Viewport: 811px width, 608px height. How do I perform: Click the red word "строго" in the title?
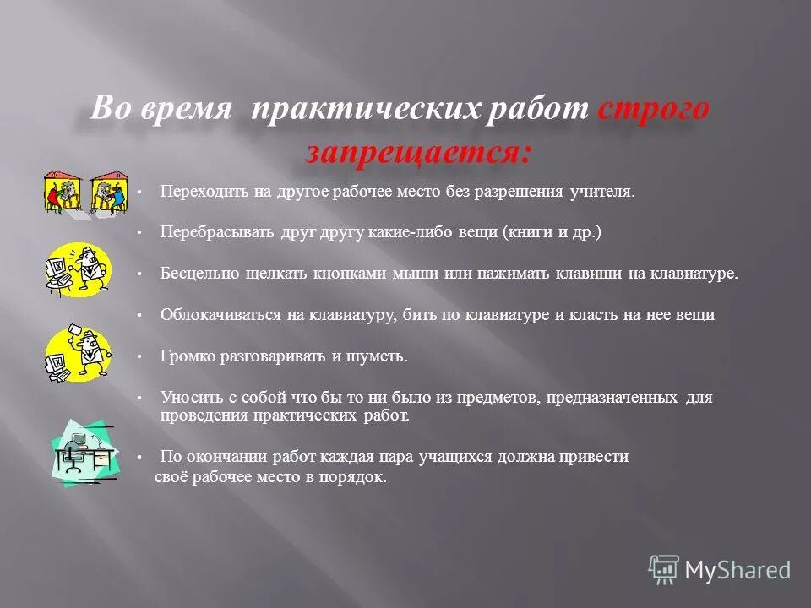tap(653, 112)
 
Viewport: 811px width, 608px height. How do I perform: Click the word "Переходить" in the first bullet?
tap(197, 192)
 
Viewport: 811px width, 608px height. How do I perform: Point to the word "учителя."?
tap(601, 192)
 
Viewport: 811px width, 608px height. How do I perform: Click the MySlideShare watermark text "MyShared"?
tap(738, 570)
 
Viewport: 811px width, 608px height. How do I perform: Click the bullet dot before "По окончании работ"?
tap(139, 458)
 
